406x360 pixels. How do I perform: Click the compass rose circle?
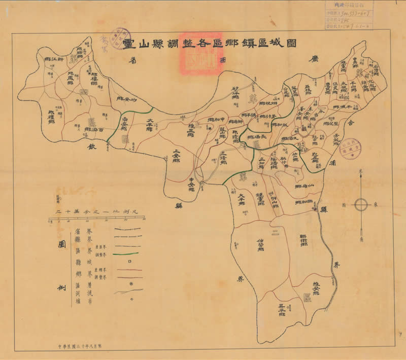coord(361,205)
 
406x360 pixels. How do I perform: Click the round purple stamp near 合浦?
coord(349,149)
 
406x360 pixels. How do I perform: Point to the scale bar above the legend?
coord(96,219)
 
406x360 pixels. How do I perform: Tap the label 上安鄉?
coord(176,154)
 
